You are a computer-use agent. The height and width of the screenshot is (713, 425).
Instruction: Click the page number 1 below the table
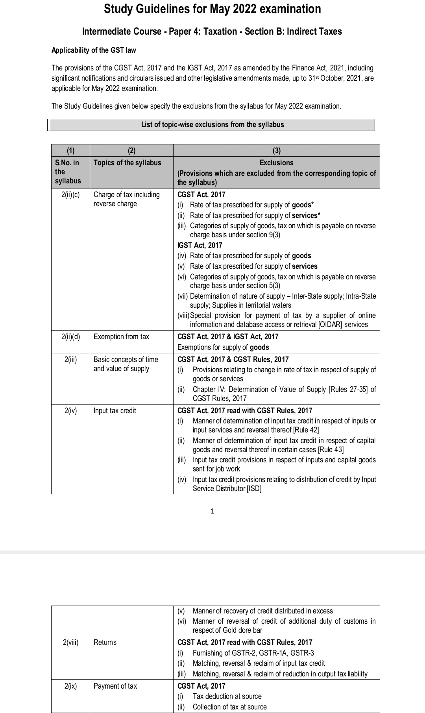click(x=213, y=511)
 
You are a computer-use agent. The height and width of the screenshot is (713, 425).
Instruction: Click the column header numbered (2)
click(x=131, y=150)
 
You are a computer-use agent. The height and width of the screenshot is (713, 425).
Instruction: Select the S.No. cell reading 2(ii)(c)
click(x=70, y=195)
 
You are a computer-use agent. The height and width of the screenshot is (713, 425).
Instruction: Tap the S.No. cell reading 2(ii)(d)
click(x=70, y=337)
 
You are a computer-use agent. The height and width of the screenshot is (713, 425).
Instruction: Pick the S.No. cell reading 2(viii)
click(x=70, y=643)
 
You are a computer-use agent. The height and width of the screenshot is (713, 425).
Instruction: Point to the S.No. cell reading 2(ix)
click(x=70, y=686)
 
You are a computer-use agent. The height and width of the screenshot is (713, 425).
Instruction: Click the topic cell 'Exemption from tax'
click(x=121, y=337)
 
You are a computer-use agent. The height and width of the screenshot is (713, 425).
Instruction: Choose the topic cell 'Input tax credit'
click(x=115, y=411)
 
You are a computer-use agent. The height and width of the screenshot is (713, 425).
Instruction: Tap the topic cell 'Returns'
click(x=105, y=643)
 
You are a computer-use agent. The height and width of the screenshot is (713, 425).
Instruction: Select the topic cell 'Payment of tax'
click(x=115, y=686)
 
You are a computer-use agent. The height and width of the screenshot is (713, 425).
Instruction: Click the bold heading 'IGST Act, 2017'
click(x=200, y=245)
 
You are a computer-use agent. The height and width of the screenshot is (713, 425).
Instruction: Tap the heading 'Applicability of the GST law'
click(x=94, y=50)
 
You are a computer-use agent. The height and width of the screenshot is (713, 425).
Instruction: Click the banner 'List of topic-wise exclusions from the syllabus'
click(x=213, y=125)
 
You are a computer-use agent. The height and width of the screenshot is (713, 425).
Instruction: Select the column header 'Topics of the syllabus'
click(x=127, y=163)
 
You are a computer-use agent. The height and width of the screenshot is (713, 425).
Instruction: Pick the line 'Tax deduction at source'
click(x=227, y=696)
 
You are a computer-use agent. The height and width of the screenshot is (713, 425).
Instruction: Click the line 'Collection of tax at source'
click(x=229, y=707)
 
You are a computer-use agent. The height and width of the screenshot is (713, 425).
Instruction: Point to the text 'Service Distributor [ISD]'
click(x=227, y=489)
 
